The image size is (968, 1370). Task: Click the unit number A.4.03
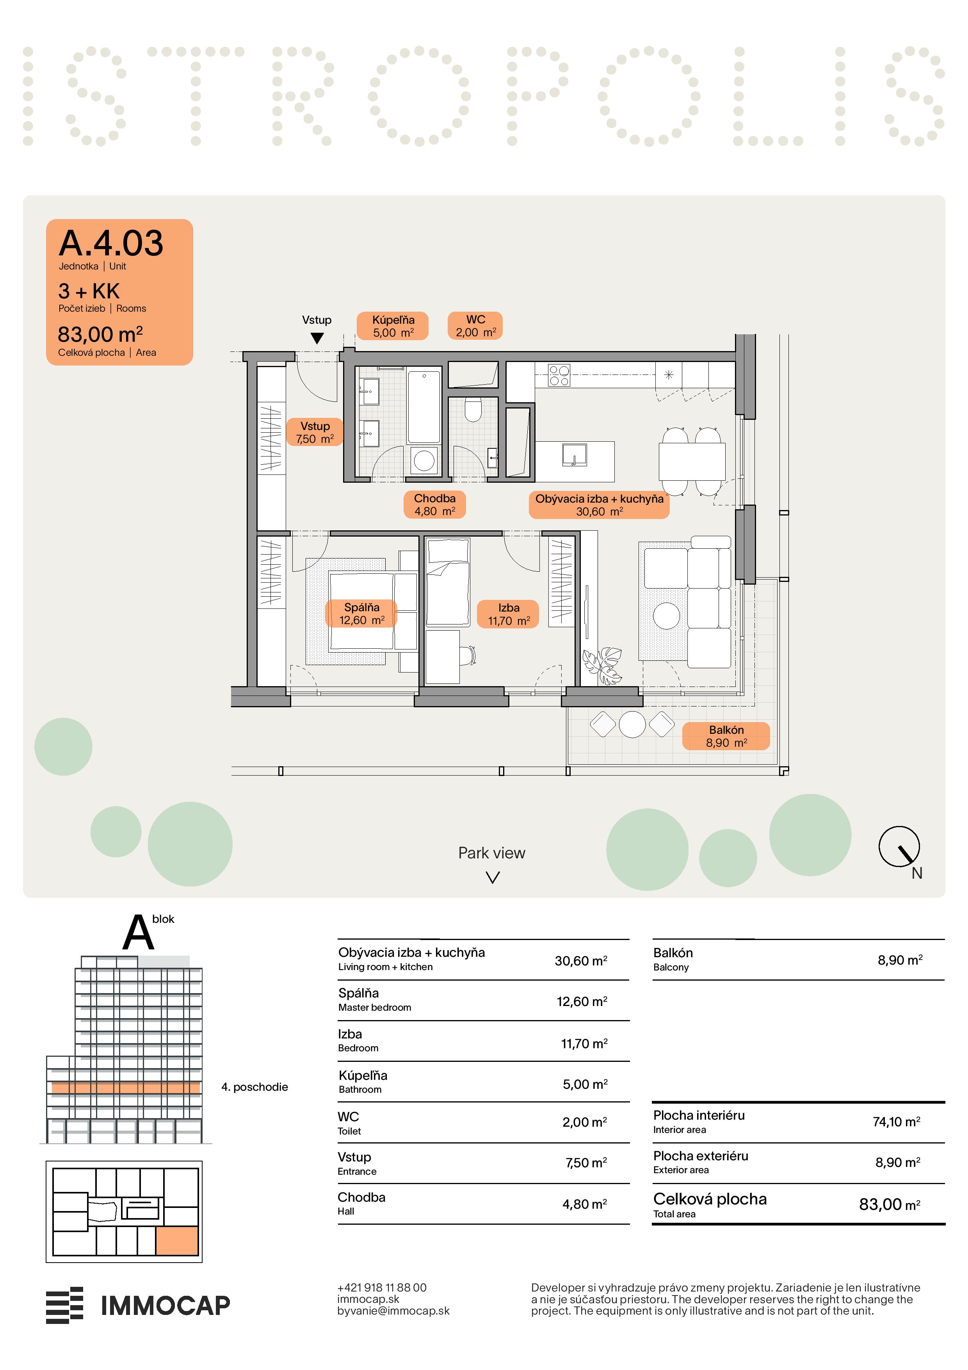(111, 243)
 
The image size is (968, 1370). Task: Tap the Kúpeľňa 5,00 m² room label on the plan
(393, 326)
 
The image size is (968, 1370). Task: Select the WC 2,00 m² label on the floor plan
(475, 326)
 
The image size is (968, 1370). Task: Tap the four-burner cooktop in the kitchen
(559, 375)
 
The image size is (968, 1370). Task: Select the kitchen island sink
(574, 455)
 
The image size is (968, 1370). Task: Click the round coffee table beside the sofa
(666, 616)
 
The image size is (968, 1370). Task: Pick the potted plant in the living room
(602, 665)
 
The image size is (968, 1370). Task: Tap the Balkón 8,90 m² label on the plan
(726, 736)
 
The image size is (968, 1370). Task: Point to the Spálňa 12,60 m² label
(361, 614)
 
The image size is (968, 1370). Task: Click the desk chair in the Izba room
(468, 655)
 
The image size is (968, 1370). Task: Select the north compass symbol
(899, 847)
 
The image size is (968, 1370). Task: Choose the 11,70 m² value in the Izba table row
(584, 1044)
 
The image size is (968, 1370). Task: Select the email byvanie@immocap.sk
(393, 1311)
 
